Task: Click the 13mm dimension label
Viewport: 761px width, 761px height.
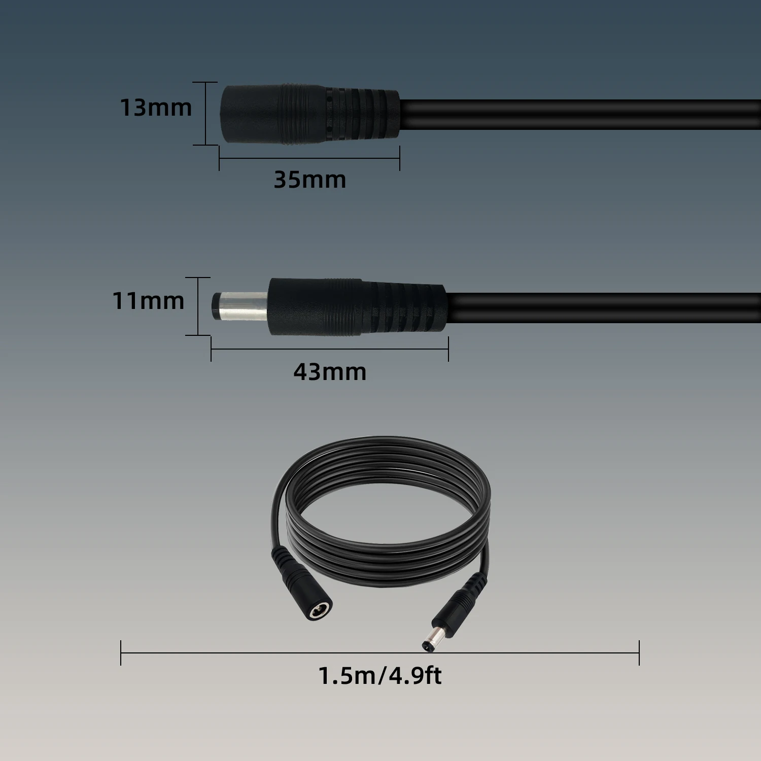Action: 156,108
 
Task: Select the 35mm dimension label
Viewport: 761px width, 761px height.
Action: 309,180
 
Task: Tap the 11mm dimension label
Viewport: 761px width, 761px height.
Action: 148,301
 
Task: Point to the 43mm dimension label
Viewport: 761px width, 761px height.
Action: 330,372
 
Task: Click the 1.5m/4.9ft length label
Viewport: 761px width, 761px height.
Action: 379,676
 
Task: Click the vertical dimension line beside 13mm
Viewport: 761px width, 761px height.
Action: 206,114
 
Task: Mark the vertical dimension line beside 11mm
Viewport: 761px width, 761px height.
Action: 198,306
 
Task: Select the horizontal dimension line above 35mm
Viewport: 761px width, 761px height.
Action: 309,158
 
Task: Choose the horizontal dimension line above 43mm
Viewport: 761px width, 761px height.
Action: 330,349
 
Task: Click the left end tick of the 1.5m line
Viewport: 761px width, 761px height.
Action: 121,653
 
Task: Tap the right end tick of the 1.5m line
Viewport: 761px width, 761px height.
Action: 639,653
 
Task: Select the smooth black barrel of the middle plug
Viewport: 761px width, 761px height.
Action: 315,306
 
